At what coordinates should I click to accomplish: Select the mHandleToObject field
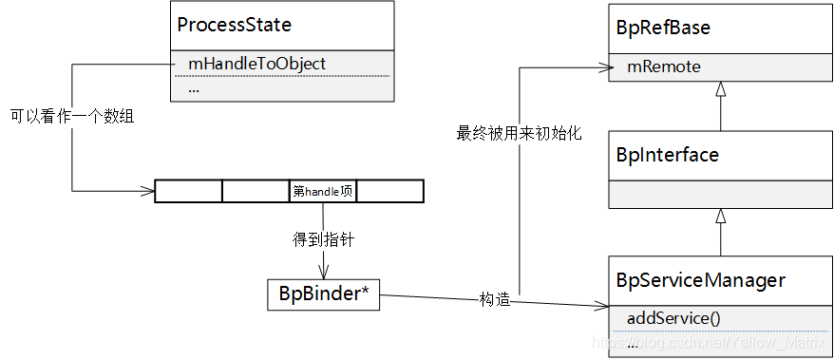coord(256,64)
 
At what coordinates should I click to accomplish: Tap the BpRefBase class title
coord(663,28)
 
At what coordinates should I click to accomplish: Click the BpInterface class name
coord(668,154)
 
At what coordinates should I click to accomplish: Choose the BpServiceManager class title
coord(701,280)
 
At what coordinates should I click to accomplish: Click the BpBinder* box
coord(323,295)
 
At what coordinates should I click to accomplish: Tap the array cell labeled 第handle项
coord(323,191)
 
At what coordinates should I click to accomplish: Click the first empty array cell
coord(188,191)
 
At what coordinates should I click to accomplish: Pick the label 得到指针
coord(323,240)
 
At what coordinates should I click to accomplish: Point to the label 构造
coord(495,300)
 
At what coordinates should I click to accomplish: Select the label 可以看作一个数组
coord(72,118)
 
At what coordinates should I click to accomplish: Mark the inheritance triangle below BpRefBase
coord(721,89)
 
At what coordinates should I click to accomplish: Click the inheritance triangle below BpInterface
coord(721,217)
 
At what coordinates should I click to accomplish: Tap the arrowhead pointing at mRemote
coord(601,66)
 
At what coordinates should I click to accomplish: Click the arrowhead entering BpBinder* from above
coord(323,273)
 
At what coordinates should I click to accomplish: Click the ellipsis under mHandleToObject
coord(194,88)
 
